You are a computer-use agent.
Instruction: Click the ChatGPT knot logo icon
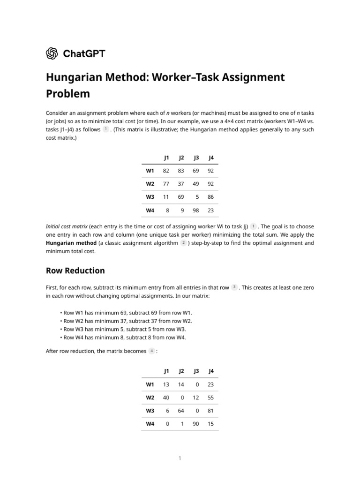[x=52, y=53]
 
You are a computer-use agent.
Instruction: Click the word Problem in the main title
[x=67, y=93]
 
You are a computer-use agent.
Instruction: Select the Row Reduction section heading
[x=75, y=270]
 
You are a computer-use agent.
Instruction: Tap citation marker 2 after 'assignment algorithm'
[x=183, y=243]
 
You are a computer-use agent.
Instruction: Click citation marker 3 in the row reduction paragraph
[x=234, y=287]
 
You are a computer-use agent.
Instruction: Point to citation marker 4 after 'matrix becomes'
[x=151, y=351]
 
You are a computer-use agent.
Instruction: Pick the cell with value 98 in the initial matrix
[x=195, y=210]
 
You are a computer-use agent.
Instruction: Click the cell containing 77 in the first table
[x=165, y=184]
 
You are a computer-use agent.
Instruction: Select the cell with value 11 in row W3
[x=165, y=197]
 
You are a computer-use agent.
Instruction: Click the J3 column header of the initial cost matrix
[x=196, y=157]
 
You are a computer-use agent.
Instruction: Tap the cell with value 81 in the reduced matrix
[x=210, y=411]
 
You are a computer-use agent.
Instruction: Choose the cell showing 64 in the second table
[x=180, y=411]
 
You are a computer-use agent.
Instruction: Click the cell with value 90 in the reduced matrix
[x=195, y=424]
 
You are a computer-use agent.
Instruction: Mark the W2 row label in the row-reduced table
[x=150, y=397]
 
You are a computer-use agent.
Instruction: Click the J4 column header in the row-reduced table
[x=211, y=371]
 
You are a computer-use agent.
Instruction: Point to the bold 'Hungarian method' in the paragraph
[x=69, y=243]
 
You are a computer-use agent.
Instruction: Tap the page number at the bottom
[x=180, y=458]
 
